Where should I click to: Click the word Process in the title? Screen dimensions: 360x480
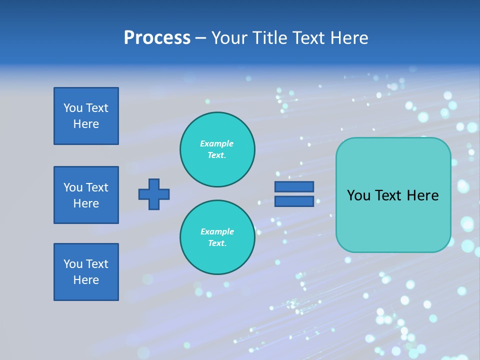coord(157,38)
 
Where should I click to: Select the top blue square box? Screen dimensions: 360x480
coord(86,116)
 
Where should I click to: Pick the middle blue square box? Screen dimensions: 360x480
coord(86,195)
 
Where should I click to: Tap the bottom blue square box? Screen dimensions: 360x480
coord(86,272)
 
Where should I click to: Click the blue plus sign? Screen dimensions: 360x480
coord(154,194)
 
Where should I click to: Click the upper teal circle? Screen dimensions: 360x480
coord(217,149)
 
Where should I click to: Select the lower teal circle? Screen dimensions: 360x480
coord(217,237)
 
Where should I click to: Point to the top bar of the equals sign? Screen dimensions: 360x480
coord(294,186)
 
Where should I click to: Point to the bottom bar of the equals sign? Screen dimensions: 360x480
coord(294,201)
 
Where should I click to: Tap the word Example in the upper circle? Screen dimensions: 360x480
coord(217,143)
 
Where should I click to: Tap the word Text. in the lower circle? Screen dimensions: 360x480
coord(217,243)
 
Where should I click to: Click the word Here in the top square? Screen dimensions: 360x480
coord(86,124)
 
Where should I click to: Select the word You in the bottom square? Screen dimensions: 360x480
coord(72,264)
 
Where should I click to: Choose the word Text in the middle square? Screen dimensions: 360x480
coord(96,187)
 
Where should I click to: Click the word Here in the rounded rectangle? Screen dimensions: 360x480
coord(423,195)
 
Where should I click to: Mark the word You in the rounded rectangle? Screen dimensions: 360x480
coord(358,195)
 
